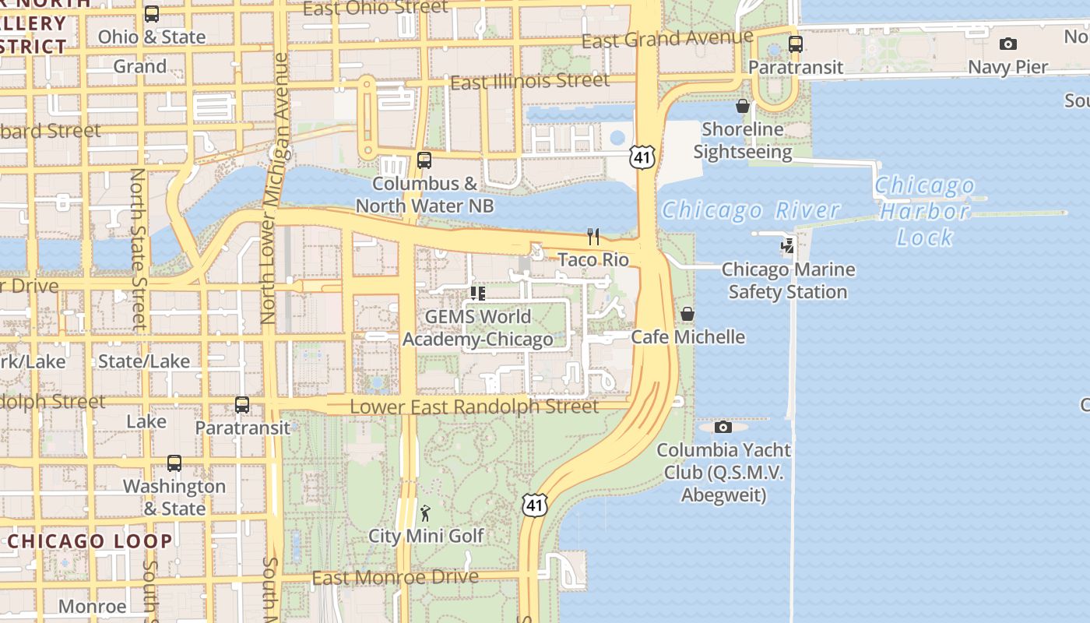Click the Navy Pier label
(x=1007, y=67)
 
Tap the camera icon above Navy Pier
(x=1007, y=44)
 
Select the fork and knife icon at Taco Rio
(x=593, y=236)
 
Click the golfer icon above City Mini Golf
(x=425, y=512)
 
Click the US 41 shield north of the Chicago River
(x=642, y=157)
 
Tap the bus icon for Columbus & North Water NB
(x=424, y=160)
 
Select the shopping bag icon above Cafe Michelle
(x=687, y=314)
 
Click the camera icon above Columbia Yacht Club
(x=723, y=427)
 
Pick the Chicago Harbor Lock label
(x=924, y=211)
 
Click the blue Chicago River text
(x=751, y=210)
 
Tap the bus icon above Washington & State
(x=174, y=463)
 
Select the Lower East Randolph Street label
(x=474, y=407)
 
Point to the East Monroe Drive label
(x=395, y=577)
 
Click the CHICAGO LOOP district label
(x=90, y=541)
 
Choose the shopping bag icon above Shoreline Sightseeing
(x=743, y=106)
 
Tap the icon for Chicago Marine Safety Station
(x=788, y=246)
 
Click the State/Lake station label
(x=144, y=361)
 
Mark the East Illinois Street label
(x=529, y=81)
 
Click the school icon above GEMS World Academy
(x=478, y=294)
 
